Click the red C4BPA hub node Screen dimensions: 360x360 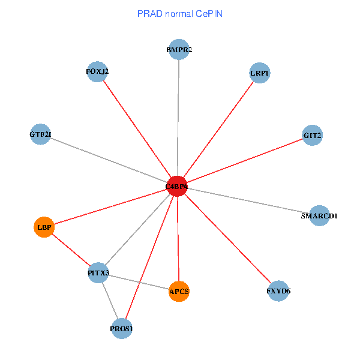click(x=177, y=187)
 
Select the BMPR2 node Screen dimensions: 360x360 click(x=179, y=50)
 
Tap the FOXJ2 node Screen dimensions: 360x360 click(x=97, y=72)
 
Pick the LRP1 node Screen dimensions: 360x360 click(x=259, y=73)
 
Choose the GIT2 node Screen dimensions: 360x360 click(x=313, y=136)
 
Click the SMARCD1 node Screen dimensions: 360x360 click(x=319, y=215)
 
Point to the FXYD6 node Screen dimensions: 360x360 click(x=278, y=291)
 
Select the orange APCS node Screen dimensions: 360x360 click(x=179, y=292)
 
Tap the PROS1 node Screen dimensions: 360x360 click(x=121, y=328)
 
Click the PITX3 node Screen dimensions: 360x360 click(x=98, y=273)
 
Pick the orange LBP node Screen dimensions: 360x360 click(x=44, y=227)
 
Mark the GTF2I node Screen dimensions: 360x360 click(x=40, y=134)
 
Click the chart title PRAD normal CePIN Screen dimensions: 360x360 click(x=180, y=13)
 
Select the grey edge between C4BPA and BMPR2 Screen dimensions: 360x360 click(x=178, y=120)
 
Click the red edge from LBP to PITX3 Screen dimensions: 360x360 click(x=71, y=250)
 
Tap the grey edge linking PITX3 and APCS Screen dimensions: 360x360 click(x=138, y=282)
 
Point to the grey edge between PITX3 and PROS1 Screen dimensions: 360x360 click(x=110, y=301)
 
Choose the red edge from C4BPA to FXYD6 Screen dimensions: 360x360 click(x=228, y=239)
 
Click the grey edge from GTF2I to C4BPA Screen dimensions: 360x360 click(x=108, y=160)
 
